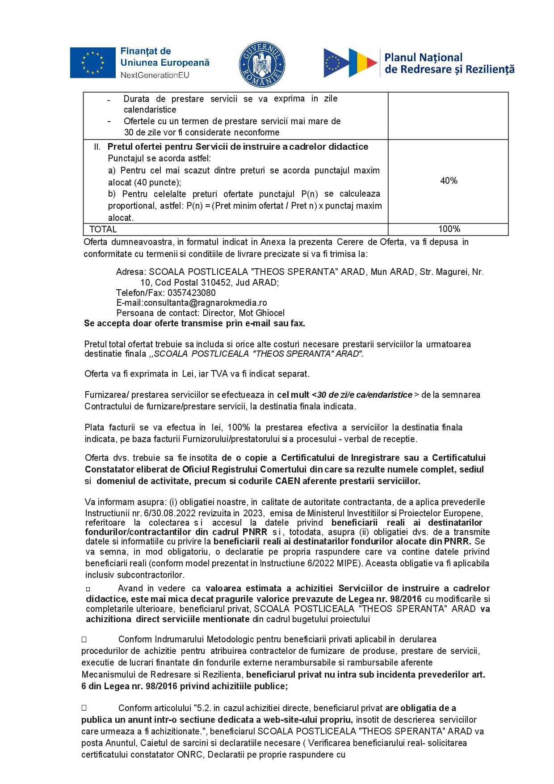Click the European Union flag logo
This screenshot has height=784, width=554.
tap(92, 63)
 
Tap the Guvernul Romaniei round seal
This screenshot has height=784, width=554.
tap(262, 64)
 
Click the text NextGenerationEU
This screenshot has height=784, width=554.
tap(155, 75)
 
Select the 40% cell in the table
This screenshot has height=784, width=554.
tap(449, 181)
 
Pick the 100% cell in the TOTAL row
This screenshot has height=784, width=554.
tap(449, 229)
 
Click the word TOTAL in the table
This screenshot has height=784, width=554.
tap(103, 229)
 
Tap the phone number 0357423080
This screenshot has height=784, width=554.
tap(191, 293)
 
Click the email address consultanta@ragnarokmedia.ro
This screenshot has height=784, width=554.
tap(206, 303)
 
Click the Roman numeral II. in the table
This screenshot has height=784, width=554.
tap(97, 147)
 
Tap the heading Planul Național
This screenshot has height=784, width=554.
tap(423, 58)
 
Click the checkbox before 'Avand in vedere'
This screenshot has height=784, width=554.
tap(88, 589)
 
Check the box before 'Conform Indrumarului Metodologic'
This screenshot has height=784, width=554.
tap(84, 640)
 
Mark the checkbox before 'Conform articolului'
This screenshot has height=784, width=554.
tap(84, 708)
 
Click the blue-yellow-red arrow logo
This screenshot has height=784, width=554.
tap(350, 63)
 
